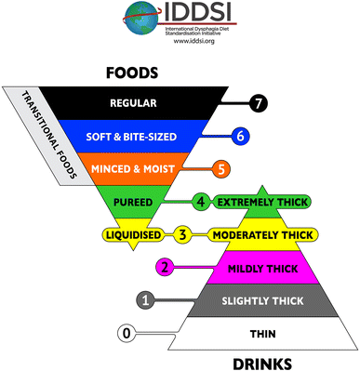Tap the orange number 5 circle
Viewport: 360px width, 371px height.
(221, 169)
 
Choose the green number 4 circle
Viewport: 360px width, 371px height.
(201, 201)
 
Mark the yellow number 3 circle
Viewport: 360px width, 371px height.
(183, 234)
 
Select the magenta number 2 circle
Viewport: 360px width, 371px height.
(163, 267)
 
